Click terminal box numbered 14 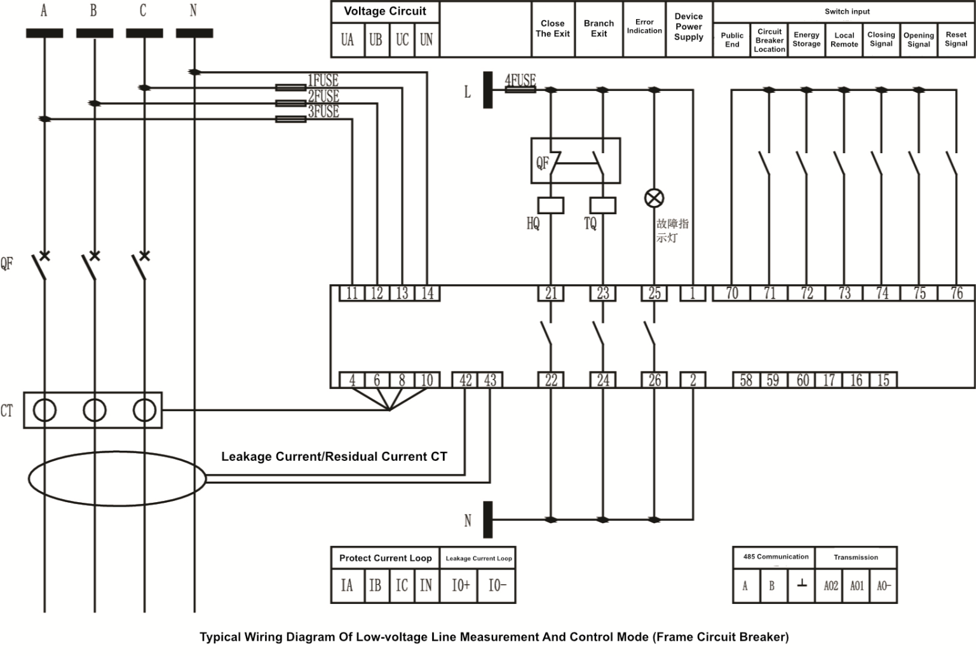tap(428, 293)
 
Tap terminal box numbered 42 tap(465, 380)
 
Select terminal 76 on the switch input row tap(956, 293)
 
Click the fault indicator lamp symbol tap(654, 198)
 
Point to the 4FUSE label tap(520, 80)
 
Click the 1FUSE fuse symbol tap(290, 88)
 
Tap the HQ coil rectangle tap(550, 205)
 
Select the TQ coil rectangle tap(602, 205)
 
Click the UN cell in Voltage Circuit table tap(426, 40)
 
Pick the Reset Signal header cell tap(956, 39)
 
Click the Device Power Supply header tap(689, 27)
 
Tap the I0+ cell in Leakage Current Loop tap(461, 585)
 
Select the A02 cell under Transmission tap(830, 585)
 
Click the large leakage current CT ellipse tap(118, 479)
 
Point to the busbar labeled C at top tap(144, 33)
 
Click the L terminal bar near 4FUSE tap(487, 90)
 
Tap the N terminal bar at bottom tap(487, 519)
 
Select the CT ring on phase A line tap(44, 410)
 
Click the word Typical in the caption tap(220, 636)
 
